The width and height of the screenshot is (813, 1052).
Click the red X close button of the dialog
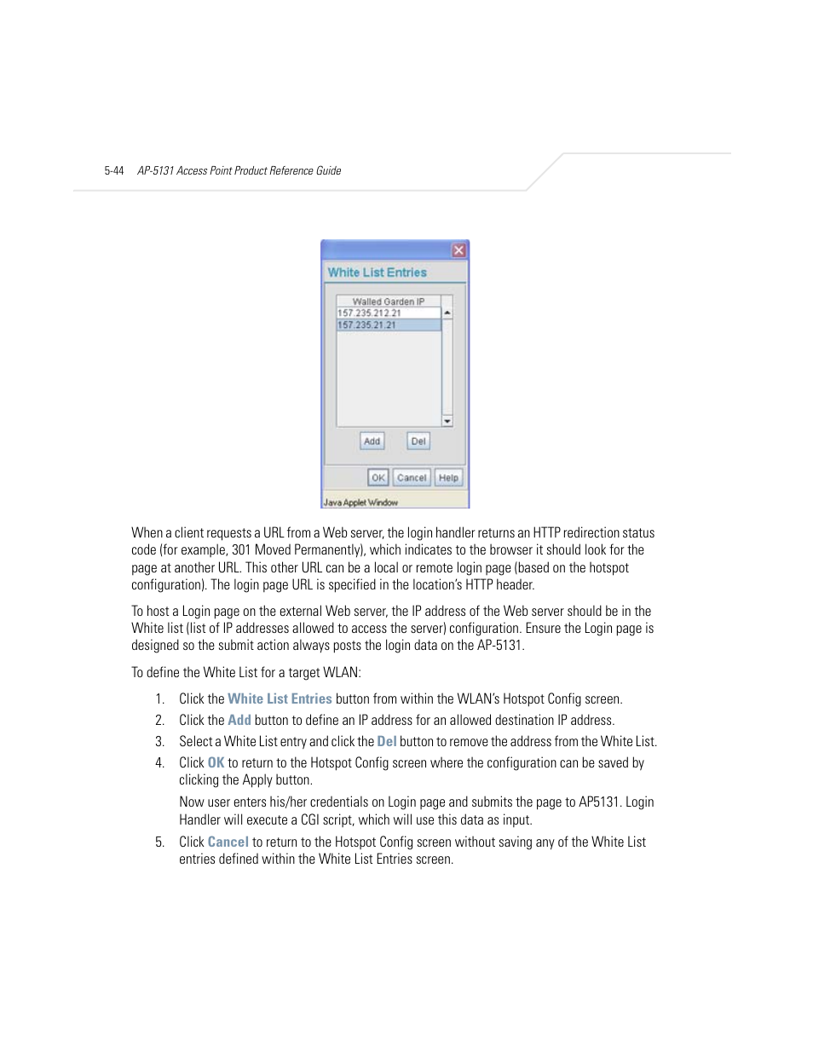click(458, 250)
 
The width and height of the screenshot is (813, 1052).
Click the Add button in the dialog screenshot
click(372, 441)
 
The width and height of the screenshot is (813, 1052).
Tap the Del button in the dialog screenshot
click(418, 441)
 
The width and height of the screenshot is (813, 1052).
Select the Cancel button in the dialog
click(412, 478)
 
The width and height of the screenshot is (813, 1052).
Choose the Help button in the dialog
click(448, 478)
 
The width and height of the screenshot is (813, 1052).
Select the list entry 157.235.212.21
click(369, 313)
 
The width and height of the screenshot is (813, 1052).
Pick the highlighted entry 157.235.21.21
click(367, 325)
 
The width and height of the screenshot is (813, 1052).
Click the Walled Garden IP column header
click(388, 302)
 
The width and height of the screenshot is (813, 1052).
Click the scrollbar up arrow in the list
click(447, 313)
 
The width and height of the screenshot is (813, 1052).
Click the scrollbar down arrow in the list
click(447, 421)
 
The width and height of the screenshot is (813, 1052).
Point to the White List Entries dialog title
click(377, 273)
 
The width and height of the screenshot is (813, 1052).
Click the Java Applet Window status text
click(360, 503)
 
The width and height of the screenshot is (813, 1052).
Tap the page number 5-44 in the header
click(114, 171)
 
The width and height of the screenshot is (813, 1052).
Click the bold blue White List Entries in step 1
click(280, 698)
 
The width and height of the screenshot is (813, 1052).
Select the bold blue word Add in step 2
click(239, 720)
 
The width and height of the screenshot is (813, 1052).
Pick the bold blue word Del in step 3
click(387, 741)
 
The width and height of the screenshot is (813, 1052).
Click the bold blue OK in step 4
click(216, 762)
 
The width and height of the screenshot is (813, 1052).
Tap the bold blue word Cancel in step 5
click(228, 842)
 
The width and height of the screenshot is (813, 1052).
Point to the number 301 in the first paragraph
click(241, 550)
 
